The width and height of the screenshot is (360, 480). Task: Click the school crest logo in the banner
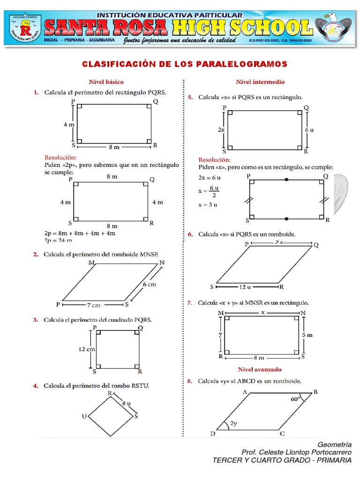pos(24,29)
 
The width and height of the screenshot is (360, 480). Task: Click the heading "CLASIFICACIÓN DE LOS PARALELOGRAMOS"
pos(185,64)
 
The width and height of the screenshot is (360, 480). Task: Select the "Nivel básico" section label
pos(106,82)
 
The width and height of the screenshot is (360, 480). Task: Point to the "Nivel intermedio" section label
pos(260,82)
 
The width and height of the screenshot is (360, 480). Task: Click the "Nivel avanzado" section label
pos(260,369)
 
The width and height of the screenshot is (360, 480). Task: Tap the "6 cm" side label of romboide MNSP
pos(149,285)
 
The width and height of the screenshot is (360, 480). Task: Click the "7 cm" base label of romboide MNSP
pos(93,305)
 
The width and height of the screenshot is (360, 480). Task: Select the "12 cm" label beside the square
pos(87,349)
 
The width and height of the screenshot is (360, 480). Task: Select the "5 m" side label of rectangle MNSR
pos(307,335)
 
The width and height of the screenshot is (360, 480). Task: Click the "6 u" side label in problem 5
pos(309,130)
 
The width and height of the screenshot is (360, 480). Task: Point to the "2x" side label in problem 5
pos(221,130)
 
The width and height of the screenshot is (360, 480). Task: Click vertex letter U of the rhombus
pos(84,416)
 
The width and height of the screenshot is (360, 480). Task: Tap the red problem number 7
pos(190,303)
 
